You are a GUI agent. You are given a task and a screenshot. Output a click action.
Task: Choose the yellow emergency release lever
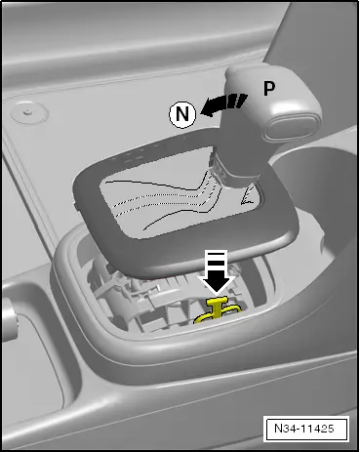tap(220, 313)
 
